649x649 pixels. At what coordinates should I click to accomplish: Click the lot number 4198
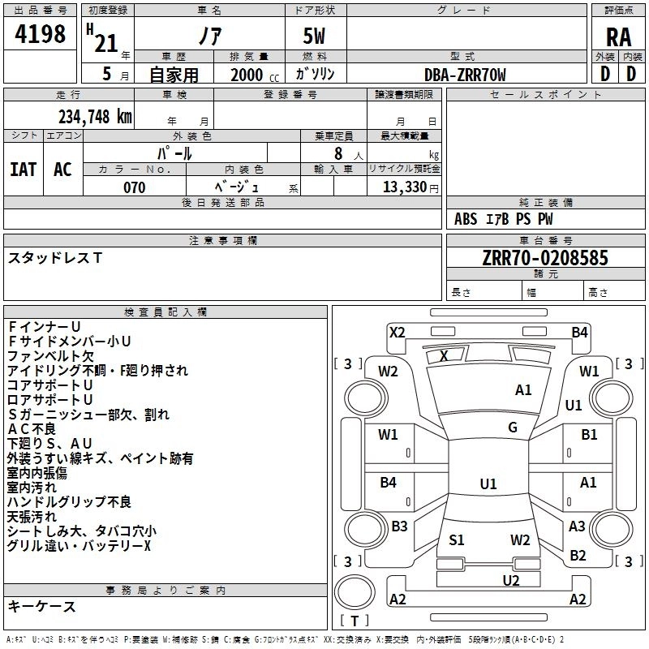(41, 33)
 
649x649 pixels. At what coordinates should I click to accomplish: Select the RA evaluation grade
(618, 37)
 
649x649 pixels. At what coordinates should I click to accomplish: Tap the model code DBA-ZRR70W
(465, 75)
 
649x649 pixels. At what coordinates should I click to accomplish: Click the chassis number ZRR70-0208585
(544, 258)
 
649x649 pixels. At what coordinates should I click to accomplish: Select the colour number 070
(134, 187)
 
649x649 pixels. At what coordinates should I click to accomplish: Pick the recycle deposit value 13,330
(403, 187)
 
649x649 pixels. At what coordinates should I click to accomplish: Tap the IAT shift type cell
(23, 170)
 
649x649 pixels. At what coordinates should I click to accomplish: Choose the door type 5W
(316, 37)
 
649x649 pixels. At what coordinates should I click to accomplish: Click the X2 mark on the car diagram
(397, 331)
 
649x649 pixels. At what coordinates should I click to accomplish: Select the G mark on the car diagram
(513, 427)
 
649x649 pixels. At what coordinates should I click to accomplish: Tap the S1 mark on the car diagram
(456, 539)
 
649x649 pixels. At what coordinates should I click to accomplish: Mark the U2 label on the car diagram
(510, 579)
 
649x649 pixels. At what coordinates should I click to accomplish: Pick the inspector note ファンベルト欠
(51, 355)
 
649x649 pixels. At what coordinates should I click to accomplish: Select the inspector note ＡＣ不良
(32, 429)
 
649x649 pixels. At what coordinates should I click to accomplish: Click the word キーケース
(42, 606)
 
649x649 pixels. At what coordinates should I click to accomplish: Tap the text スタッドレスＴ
(55, 258)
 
